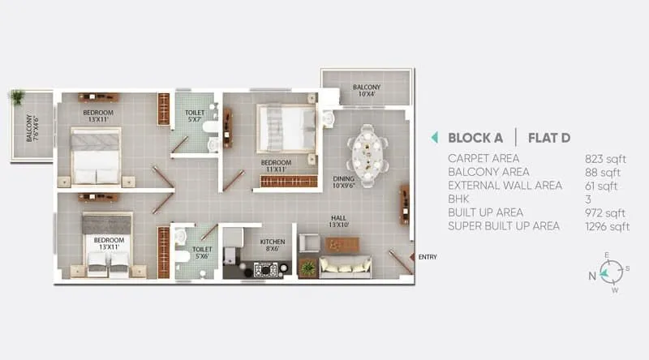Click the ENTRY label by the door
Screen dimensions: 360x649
[x=428, y=257]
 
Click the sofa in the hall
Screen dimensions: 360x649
[x=345, y=267]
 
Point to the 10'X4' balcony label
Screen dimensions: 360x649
[x=367, y=92]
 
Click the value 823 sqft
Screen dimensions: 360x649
[x=602, y=158]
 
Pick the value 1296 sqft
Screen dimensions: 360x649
[x=607, y=226]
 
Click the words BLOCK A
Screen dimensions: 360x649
[x=476, y=137]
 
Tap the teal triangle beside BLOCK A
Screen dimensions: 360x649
[x=435, y=137]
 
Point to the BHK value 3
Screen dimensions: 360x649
[x=588, y=199]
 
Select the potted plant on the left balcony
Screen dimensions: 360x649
[x=16, y=97]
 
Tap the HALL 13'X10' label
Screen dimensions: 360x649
[x=339, y=221]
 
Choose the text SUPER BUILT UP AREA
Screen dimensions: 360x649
[x=504, y=226]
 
